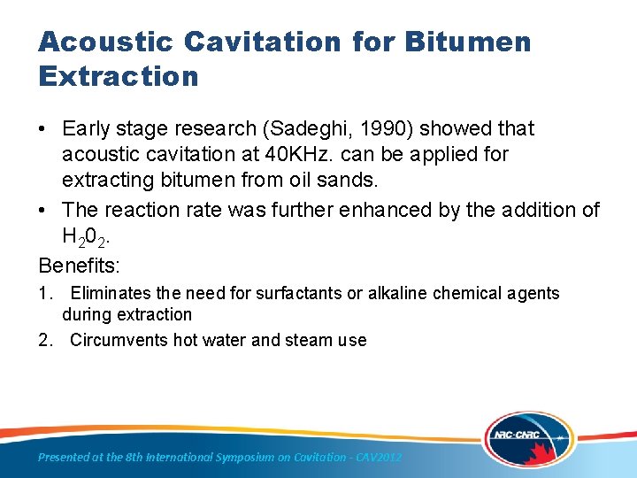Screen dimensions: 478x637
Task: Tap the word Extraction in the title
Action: click(x=119, y=77)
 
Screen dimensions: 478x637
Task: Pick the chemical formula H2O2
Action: click(x=88, y=237)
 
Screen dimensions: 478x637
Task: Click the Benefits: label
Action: click(x=79, y=265)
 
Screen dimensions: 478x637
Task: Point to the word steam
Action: click(x=274, y=340)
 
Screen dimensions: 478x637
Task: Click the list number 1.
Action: click(x=44, y=293)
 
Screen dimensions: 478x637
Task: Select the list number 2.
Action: click(x=44, y=340)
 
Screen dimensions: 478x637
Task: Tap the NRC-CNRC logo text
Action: click(x=515, y=436)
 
